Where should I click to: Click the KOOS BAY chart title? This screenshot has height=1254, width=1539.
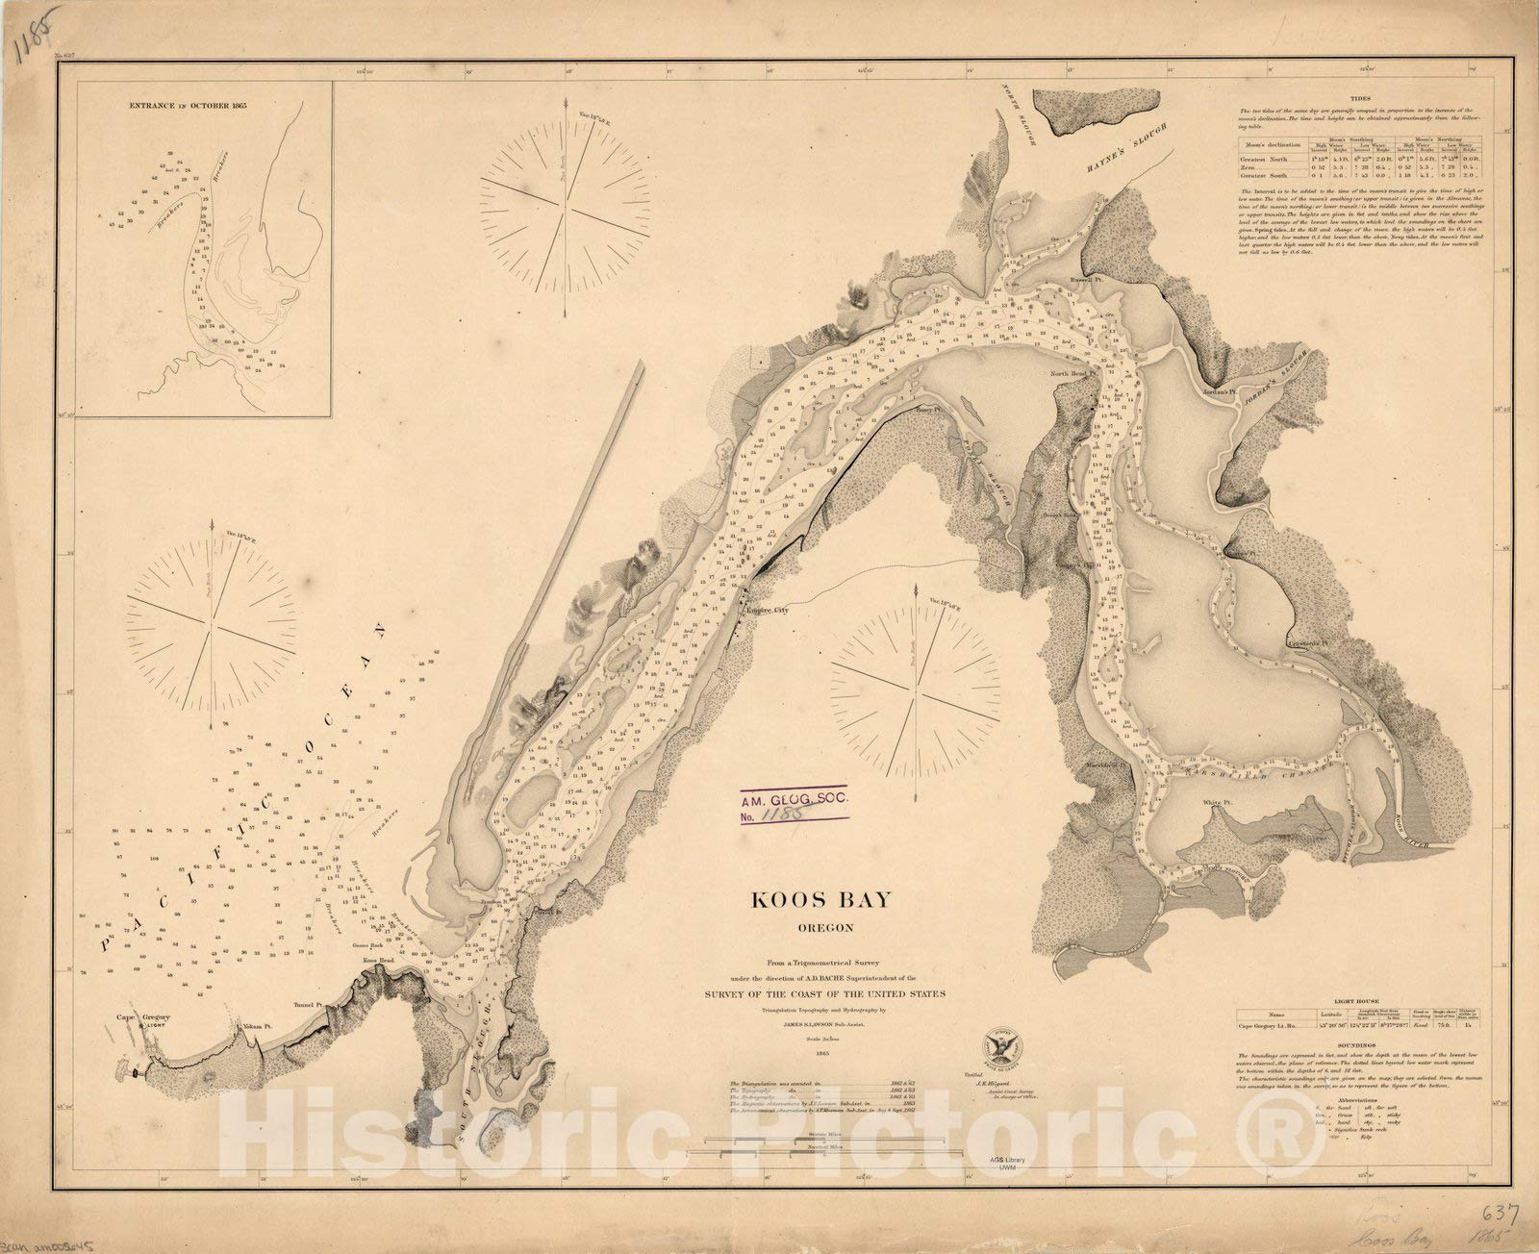click(x=821, y=900)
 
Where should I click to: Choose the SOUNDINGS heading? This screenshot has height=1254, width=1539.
click(x=1361, y=1043)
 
